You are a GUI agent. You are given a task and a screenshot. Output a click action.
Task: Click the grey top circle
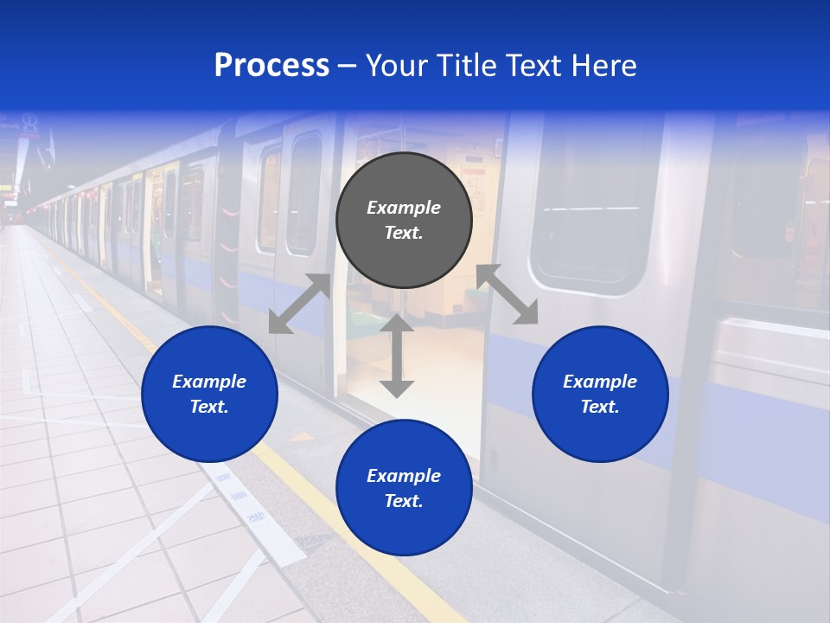coord(404,220)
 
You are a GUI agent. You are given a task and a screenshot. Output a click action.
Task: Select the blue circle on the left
coord(209,394)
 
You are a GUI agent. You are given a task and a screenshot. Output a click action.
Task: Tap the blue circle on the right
coord(600,394)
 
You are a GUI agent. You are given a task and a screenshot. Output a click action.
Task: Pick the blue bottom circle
coord(404,488)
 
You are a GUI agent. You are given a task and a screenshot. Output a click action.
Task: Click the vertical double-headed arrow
coord(397,355)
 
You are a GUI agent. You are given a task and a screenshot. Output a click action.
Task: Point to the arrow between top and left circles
coord(300,304)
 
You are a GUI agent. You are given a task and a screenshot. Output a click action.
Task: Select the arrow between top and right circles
coord(507,294)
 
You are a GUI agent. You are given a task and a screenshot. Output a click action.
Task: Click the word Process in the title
coord(271,66)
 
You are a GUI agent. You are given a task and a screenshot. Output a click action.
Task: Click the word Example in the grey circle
coord(404,208)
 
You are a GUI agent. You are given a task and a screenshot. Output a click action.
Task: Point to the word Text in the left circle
coord(209,407)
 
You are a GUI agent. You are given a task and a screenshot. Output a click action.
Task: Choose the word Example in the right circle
coord(600,382)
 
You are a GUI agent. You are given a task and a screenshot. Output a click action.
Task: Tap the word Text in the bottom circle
coord(403,501)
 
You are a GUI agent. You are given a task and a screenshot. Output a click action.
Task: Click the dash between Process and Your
coord(348,66)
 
